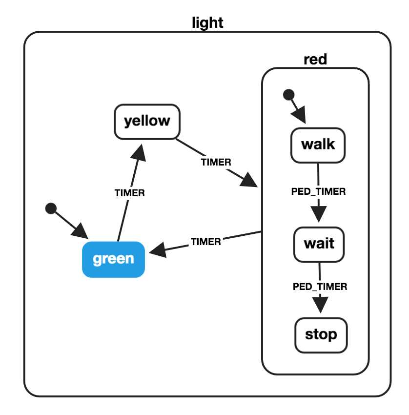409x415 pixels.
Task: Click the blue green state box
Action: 113,259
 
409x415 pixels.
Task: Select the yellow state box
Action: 147,121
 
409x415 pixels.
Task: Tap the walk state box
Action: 318,145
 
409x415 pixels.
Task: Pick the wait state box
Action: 319,243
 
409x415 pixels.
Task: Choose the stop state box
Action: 321,335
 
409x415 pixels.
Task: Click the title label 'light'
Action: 207,22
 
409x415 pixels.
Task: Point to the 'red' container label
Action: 315,60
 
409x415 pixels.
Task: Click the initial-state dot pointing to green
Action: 50,208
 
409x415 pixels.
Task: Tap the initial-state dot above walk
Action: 289,94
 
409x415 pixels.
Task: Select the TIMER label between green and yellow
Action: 130,193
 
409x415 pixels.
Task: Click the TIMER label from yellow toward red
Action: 216,162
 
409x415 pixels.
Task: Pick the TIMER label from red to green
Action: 205,241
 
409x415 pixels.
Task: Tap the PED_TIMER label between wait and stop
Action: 320,287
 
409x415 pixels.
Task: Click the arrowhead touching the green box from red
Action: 158,251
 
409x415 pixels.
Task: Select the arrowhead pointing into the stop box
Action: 321,305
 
